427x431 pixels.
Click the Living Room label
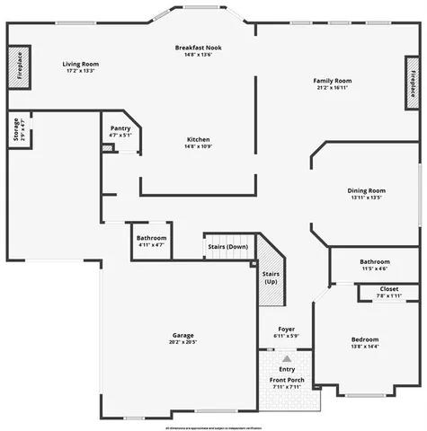[80, 65]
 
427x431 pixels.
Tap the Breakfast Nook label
[199, 47]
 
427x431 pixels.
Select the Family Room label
[331, 81]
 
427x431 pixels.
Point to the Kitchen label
[199, 140]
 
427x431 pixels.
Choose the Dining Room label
[367, 190]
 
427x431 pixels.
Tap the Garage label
[183, 337]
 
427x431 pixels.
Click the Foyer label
[287, 330]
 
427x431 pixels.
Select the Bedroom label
[365, 339]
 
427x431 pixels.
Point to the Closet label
[389, 289]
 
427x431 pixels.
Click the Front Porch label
[287, 380]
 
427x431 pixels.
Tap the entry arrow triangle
[287, 358]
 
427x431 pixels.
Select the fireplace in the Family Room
[413, 81]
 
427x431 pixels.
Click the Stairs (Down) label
[227, 245]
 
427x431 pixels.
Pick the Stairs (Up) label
[271, 277]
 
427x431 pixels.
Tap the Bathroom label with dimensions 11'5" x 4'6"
[375, 262]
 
